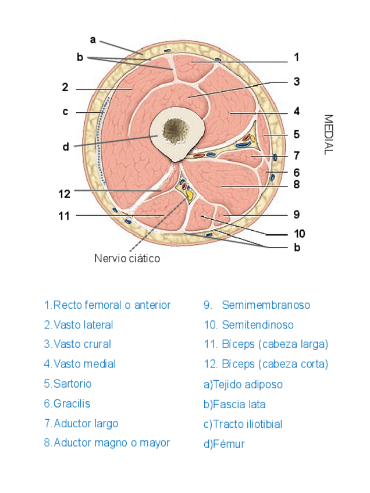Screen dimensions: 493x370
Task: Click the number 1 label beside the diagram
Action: [x=296, y=58]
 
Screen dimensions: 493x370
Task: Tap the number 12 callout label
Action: [x=65, y=194]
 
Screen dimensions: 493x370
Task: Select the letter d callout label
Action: [x=66, y=147]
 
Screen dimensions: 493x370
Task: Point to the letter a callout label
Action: [x=92, y=40]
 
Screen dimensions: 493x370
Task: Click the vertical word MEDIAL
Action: [x=328, y=134]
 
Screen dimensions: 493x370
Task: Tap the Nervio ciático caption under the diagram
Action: [x=127, y=258]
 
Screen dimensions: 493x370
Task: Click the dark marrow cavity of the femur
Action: [x=173, y=131]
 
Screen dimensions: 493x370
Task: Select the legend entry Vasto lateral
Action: [x=79, y=325]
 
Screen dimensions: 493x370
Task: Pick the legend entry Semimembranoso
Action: [x=257, y=305]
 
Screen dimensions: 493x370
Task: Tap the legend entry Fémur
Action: [x=224, y=444]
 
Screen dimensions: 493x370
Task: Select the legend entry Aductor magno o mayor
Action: [x=107, y=443]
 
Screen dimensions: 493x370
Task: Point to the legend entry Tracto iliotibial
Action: [x=243, y=424]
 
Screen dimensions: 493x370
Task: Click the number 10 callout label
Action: [x=300, y=234]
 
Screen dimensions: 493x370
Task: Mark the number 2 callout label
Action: [x=65, y=88]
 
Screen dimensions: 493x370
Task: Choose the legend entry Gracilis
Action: [x=67, y=403]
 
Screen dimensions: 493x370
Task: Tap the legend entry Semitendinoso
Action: [x=248, y=325]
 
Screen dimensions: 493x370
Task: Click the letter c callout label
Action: [x=66, y=112]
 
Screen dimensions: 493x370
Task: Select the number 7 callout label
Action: [x=296, y=155]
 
